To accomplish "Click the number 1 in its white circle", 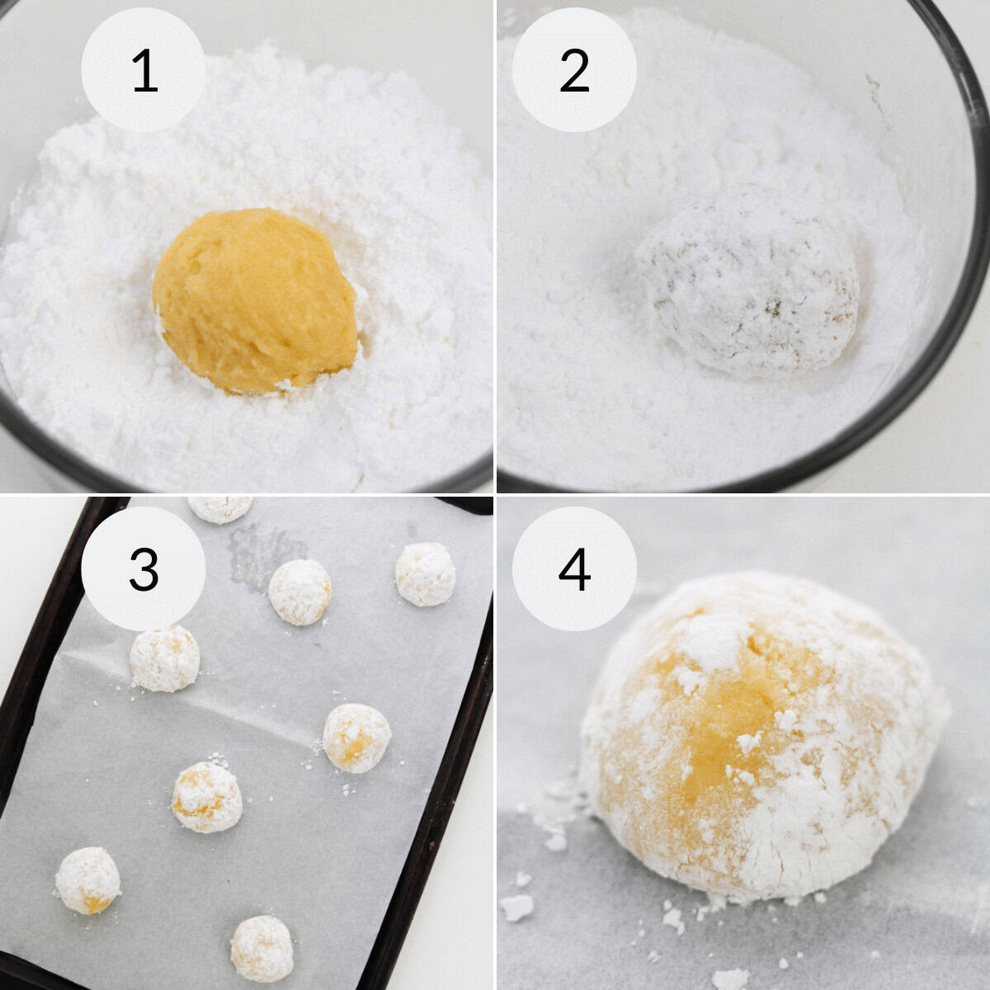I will [144, 71].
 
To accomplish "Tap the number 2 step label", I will [574, 71].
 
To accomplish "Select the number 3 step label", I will [144, 569].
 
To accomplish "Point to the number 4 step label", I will [574, 569].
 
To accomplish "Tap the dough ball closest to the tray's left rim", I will [87, 881].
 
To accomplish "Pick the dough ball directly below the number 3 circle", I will [164, 658].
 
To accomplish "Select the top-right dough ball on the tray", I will [425, 573].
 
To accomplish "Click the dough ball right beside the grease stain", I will [300, 591].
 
